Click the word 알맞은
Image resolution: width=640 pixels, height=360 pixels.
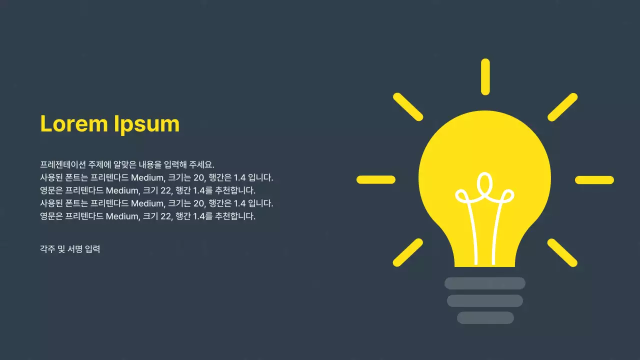coord(125,164)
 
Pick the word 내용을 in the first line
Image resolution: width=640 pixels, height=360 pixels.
coord(151,164)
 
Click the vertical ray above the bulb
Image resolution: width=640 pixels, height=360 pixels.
coord(485,76)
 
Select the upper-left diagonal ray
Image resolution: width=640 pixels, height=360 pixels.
coord(408,106)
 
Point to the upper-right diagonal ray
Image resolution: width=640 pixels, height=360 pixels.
coord(562,106)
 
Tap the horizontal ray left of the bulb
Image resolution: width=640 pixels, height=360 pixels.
coord(376,180)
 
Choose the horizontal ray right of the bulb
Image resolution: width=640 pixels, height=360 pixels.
coord(594,180)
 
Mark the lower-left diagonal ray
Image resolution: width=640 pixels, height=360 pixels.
coord(408,252)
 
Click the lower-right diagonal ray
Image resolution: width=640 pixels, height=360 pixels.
coord(562,252)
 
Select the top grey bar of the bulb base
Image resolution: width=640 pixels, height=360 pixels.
coord(485,283)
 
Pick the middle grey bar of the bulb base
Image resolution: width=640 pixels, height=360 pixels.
coord(485,301)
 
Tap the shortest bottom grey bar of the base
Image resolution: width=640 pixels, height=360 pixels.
coord(485,318)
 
